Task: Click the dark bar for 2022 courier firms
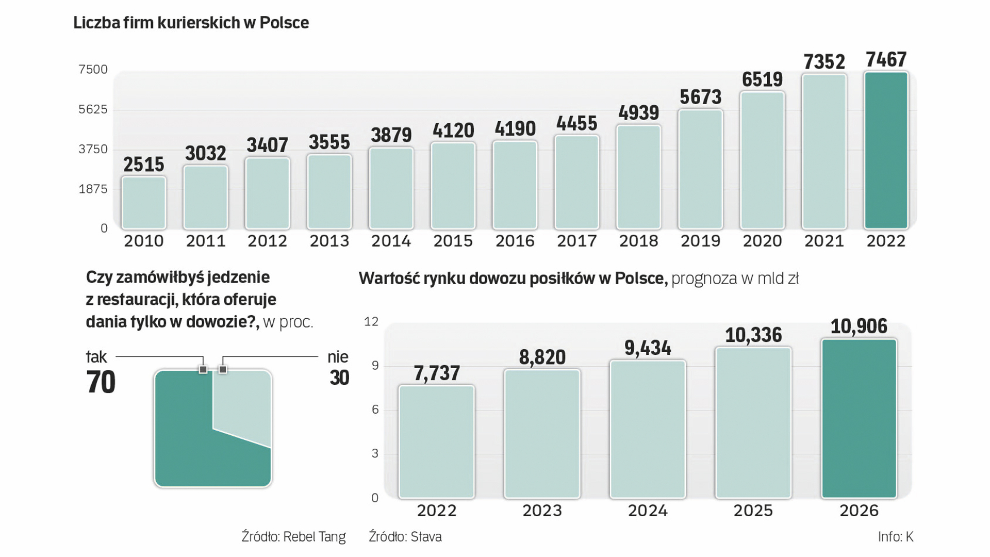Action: [x=886, y=151]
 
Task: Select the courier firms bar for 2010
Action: [x=144, y=203]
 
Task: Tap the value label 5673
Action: [x=700, y=97]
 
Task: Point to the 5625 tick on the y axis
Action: [x=93, y=109]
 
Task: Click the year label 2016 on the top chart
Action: [x=515, y=241]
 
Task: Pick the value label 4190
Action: [x=515, y=128]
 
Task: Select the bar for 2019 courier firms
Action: [x=700, y=169]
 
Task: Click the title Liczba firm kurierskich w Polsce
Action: [x=191, y=23]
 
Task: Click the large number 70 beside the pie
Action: [x=101, y=382]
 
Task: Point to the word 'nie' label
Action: [x=338, y=357]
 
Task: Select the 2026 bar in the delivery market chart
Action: [x=859, y=418]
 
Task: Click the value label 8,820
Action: [x=542, y=357]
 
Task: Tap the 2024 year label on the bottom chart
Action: [x=648, y=511]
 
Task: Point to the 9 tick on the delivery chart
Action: [x=375, y=366]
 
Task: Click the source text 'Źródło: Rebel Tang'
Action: [x=293, y=537]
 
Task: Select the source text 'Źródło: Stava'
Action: [x=405, y=537]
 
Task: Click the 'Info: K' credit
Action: [x=896, y=537]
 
